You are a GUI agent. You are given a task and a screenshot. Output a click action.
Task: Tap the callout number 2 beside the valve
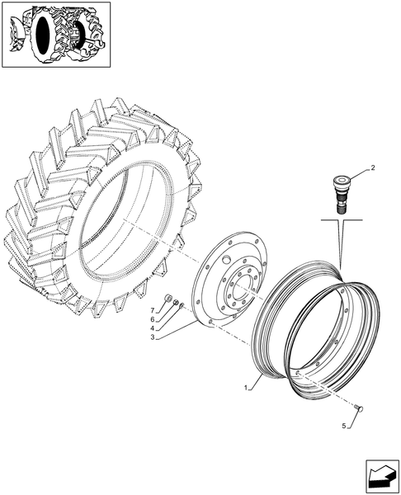pyautogui.click(x=372, y=168)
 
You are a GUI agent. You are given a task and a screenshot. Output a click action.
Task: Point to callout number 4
pyautogui.click(x=153, y=328)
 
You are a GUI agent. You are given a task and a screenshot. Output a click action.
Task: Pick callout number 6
pyautogui.click(x=153, y=318)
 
